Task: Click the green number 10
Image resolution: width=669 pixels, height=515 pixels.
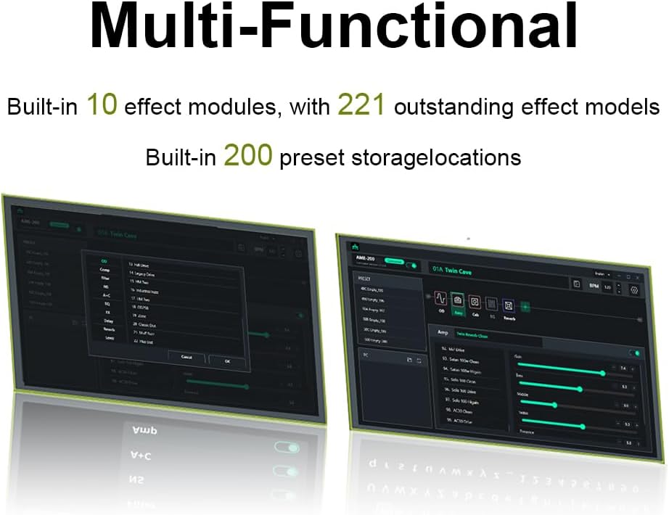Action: click(x=102, y=106)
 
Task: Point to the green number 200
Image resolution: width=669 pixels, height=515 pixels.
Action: click(x=247, y=155)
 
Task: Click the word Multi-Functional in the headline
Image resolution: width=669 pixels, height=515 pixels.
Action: click(x=334, y=28)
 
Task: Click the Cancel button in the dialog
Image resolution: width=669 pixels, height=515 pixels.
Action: click(x=186, y=358)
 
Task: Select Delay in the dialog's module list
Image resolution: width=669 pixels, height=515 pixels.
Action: click(x=107, y=320)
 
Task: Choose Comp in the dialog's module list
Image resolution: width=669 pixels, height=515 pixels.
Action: click(x=105, y=269)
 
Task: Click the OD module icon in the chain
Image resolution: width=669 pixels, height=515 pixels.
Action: click(x=440, y=300)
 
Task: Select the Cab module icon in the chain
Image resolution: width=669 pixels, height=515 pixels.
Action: click(x=474, y=302)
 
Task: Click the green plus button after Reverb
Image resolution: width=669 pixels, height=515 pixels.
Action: click(x=525, y=306)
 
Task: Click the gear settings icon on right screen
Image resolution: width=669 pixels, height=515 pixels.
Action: click(x=633, y=289)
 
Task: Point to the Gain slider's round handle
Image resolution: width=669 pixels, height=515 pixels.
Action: click(x=603, y=373)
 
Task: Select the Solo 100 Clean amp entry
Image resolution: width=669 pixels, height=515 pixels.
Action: click(x=462, y=380)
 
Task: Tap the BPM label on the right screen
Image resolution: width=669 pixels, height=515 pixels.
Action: click(x=594, y=286)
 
